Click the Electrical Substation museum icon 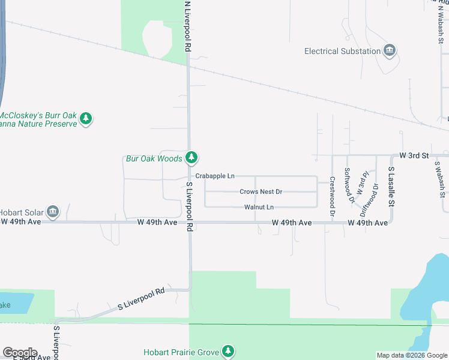click(x=390, y=51)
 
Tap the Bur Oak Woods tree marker click(x=191, y=158)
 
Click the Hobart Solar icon click(x=53, y=212)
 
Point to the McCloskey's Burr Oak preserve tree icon click(x=86, y=119)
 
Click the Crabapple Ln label click(x=215, y=176)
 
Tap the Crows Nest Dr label click(x=261, y=192)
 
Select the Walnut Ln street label click(x=259, y=207)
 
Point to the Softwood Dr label click(x=348, y=181)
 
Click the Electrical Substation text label click(x=342, y=51)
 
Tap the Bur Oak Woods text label click(x=153, y=158)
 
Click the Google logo click(x=20, y=352)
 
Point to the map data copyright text click(x=412, y=355)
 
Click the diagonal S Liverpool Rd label click(x=141, y=299)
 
